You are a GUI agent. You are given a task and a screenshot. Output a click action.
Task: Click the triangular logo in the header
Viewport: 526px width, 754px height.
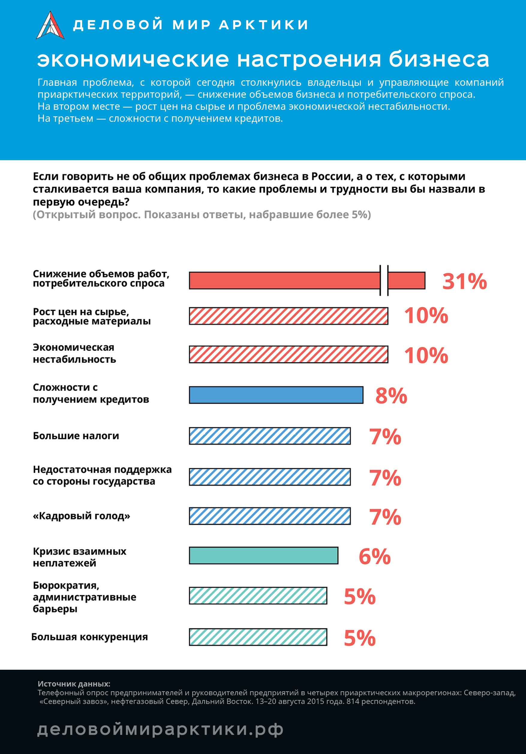tap(50, 25)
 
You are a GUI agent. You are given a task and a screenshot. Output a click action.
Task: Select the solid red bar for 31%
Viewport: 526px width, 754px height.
tap(307, 280)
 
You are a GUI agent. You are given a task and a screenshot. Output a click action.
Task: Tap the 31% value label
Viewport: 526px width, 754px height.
tap(465, 281)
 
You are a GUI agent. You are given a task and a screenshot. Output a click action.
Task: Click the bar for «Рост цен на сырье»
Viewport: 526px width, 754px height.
tap(288, 316)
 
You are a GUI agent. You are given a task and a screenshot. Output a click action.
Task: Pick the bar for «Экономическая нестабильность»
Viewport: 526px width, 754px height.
tap(288, 354)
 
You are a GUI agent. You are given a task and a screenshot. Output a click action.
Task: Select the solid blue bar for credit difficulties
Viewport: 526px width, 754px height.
tap(276, 395)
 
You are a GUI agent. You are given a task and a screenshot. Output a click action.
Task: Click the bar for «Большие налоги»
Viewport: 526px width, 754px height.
tap(270, 436)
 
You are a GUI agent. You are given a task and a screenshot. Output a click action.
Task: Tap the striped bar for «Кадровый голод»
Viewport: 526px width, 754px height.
tap(270, 516)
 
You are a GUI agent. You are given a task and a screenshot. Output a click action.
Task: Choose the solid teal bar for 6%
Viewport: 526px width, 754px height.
tap(264, 555)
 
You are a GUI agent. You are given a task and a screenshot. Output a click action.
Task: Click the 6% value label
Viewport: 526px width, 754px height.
tap(375, 556)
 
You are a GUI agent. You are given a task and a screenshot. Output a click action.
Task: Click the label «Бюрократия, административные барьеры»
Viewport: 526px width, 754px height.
tap(84, 597)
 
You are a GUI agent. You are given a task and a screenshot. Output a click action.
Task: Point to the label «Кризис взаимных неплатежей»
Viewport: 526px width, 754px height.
tap(79, 557)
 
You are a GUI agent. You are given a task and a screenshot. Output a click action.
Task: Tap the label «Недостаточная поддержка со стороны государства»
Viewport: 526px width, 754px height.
tap(102, 475)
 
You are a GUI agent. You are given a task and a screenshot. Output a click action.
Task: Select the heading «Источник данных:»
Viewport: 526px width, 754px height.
tap(74, 684)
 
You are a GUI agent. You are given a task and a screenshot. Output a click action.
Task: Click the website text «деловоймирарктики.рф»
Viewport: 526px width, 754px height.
tap(160, 729)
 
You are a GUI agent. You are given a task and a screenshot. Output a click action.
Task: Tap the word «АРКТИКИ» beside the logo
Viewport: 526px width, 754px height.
tap(264, 25)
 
